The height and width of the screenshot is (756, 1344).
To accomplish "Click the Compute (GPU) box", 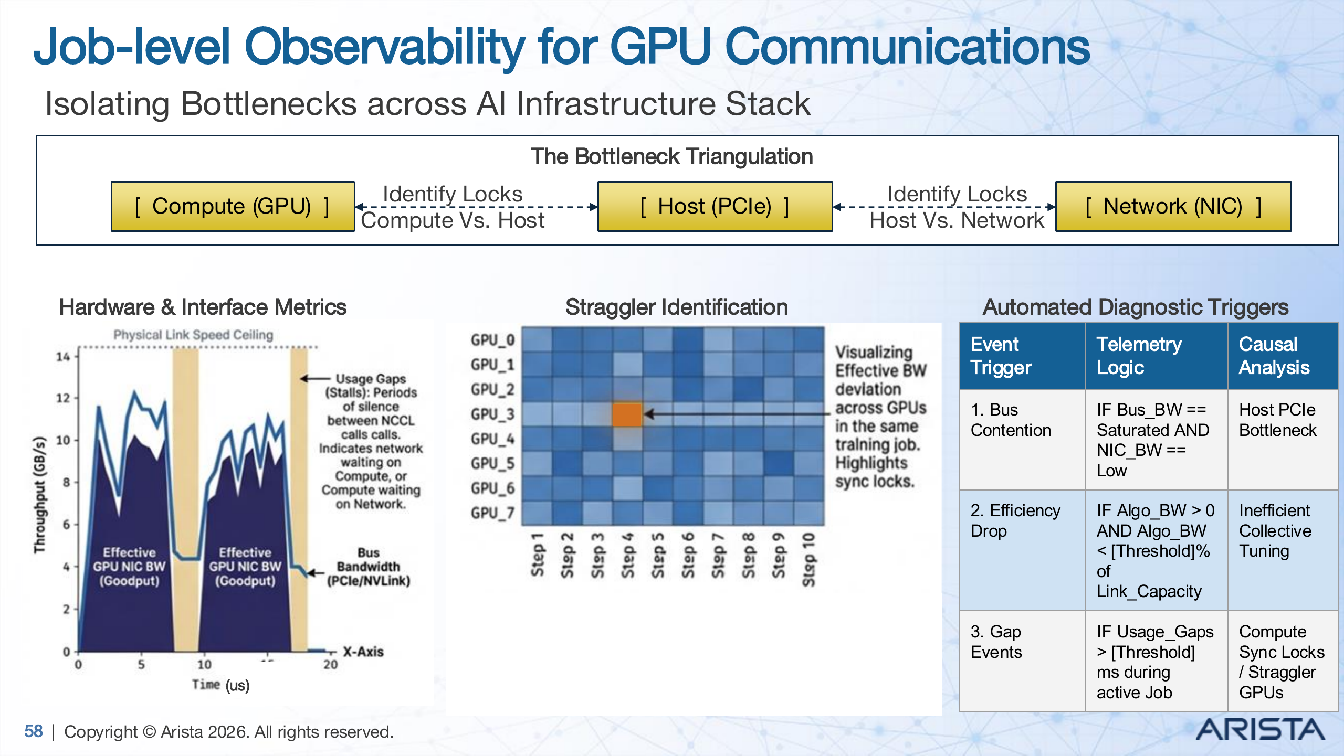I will pyautogui.click(x=233, y=206).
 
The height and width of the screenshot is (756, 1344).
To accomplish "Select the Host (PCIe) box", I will pyautogui.click(x=715, y=206).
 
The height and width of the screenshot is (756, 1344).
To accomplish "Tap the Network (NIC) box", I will pyautogui.click(x=1173, y=206).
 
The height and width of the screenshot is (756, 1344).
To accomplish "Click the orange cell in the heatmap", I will pyautogui.click(x=627, y=414).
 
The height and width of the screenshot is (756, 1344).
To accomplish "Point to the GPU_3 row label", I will pyautogui.click(x=492, y=414).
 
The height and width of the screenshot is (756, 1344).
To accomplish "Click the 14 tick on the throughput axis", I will pyautogui.click(x=63, y=357).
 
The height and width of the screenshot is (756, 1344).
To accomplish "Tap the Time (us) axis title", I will pyautogui.click(x=220, y=685).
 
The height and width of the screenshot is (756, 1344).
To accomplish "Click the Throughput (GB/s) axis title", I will pyautogui.click(x=40, y=494).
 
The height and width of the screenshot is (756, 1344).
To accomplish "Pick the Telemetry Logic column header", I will pyautogui.click(x=1139, y=356).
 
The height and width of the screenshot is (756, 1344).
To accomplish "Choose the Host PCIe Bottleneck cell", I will pyautogui.click(x=1278, y=420).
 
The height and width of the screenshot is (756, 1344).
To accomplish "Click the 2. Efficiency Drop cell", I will pyautogui.click(x=1015, y=520).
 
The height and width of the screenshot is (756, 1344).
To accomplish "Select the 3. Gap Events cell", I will pyautogui.click(x=996, y=642).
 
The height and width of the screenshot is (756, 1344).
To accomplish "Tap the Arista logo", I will pyautogui.click(x=1260, y=730).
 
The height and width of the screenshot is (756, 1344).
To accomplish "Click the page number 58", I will pyautogui.click(x=34, y=731).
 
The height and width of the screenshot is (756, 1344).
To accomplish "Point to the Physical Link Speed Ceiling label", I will pyautogui.click(x=193, y=335).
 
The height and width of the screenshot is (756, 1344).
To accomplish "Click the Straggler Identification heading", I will pyautogui.click(x=676, y=307).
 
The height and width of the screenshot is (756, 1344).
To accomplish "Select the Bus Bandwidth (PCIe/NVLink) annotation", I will pyautogui.click(x=369, y=567).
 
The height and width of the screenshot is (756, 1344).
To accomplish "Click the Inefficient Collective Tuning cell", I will pyautogui.click(x=1275, y=530).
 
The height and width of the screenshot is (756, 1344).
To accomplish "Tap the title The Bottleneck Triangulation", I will pyautogui.click(x=671, y=156).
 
